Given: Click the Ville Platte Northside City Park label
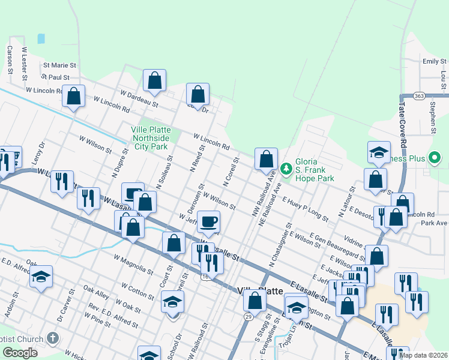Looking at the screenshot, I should (x=151, y=138).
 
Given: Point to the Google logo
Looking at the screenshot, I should (x=20, y=352).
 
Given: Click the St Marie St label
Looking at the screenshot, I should (x=59, y=64).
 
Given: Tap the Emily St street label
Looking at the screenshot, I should (x=434, y=61).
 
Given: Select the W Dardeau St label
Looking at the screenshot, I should (x=139, y=98).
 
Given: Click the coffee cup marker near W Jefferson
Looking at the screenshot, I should (x=208, y=221).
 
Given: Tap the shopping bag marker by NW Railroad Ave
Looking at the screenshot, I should (x=266, y=159).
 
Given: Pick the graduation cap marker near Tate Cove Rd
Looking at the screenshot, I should (x=379, y=153).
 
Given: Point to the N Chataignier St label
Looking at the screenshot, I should (x=280, y=245).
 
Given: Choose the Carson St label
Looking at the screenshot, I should (x=10, y=59).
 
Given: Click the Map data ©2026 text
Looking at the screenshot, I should (x=424, y=355).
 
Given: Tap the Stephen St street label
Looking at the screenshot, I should (x=433, y=117).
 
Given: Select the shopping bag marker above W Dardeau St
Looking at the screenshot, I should (x=154, y=80).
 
